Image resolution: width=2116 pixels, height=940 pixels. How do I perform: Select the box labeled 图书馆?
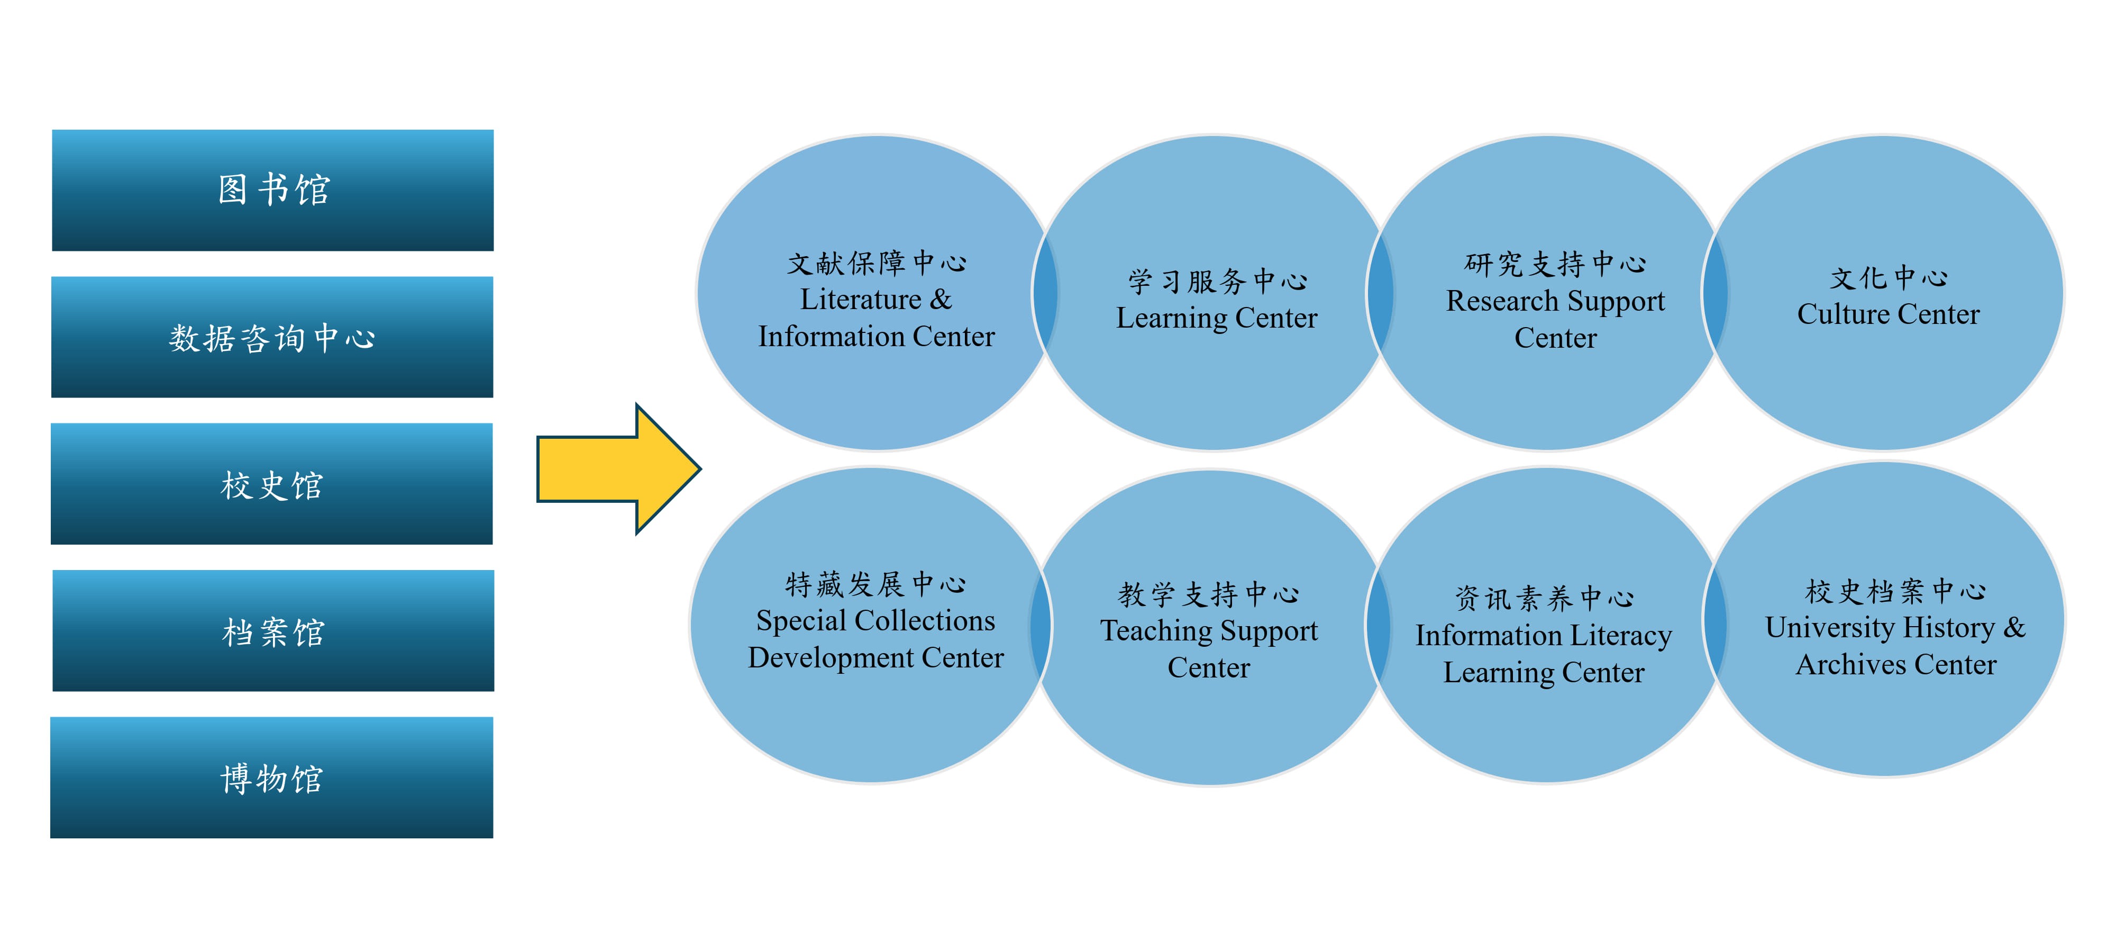point(273,190)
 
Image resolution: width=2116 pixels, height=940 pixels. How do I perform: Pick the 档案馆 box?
point(273,631)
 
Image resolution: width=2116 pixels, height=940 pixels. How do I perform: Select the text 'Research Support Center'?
point(1555,319)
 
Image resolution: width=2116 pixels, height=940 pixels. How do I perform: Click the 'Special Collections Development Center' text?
point(875,638)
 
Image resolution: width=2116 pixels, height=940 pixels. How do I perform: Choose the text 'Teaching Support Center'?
point(1208,648)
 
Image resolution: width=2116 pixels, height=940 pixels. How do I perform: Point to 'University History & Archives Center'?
point(1895,646)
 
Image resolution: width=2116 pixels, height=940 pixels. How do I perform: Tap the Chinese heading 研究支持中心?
point(1555,264)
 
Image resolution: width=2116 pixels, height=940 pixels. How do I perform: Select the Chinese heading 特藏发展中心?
point(875,584)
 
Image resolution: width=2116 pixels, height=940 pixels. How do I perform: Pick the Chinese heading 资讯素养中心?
point(1544,598)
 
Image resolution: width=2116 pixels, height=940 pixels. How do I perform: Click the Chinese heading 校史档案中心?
point(1895,590)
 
